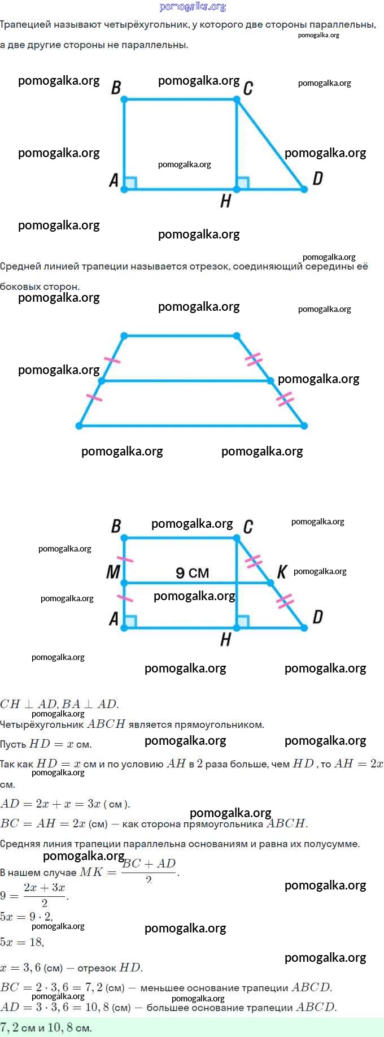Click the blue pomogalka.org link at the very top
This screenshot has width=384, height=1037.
pyautogui.click(x=193, y=7)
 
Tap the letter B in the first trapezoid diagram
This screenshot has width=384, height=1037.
pyautogui.click(x=116, y=88)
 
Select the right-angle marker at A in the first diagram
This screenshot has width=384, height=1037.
pyautogui.click(x=130, y=183)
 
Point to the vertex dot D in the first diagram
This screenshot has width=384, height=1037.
pyautogui.click(x=304, y=189)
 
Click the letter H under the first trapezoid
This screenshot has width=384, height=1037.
pyautogui.click(x=225, y=201)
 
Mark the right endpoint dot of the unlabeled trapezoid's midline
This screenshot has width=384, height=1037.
pyautogui.click(x=271, y=381)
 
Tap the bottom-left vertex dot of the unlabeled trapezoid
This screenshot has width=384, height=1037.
pyautogui.click(x=80, y=426)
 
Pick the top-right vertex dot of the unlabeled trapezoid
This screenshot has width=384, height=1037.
pyautogui.click(x=237, y=336)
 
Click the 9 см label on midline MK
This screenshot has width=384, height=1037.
pyautogui.click(x=192, y=573)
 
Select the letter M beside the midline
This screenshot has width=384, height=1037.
pyautogui.click(x=113, y=572)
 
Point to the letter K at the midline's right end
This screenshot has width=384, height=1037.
pyautogui.click(x=282, y=572)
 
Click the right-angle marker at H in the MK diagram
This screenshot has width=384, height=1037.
pyautogui.click(x=243, y=622)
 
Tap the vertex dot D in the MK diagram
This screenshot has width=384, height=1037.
pyautogui.click(x=304, y=628)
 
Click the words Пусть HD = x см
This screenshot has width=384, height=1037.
pyautogui.click(x=46, y=744)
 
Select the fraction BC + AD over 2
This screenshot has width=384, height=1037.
pyautogui.click(x=149, y=871)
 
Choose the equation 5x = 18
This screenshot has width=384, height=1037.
pyautogui.click(x=22, y=942)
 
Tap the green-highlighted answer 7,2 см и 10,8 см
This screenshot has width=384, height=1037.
pyautogui.click(x=46, y=1027)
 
